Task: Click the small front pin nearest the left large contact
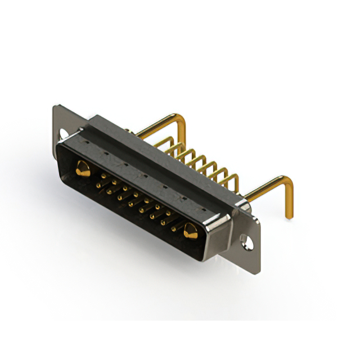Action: [101, 176]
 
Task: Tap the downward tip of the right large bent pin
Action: [290, 216]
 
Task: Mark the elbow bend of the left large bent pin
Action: [181, 118]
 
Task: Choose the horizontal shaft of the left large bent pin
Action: [157, 125]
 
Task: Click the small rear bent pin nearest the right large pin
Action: [233, 180]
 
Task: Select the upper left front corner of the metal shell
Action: [57, 145]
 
